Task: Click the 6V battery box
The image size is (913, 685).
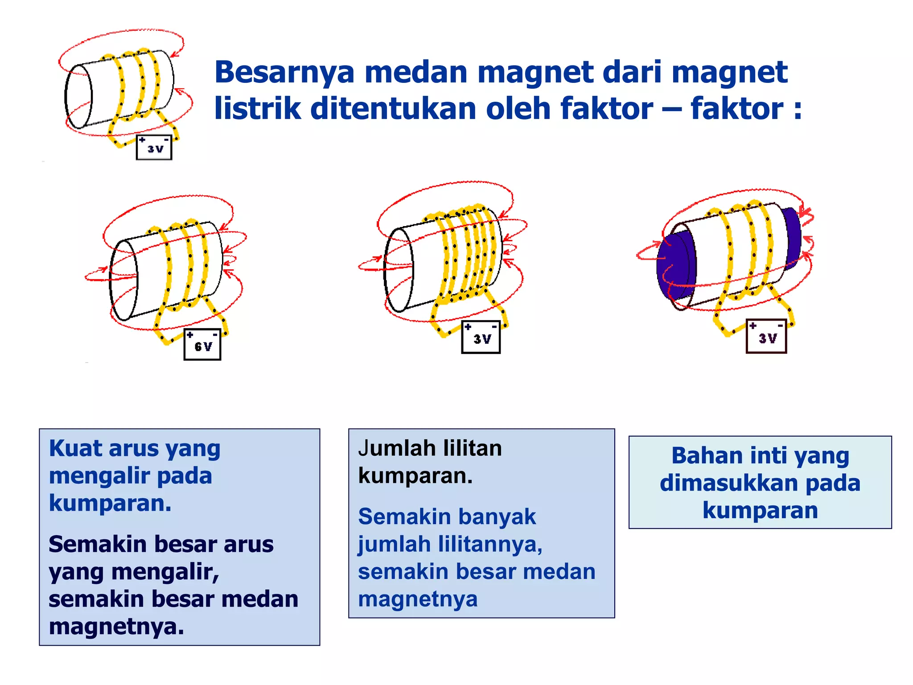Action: (x=202, y=344)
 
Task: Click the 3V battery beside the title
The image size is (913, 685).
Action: (x=154, y=147)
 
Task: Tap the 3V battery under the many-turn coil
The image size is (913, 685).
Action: (x=481, y=337)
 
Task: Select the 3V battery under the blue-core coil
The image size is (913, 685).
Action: (x=766, y=336)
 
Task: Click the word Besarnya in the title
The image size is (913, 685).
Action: (x=284, y=72)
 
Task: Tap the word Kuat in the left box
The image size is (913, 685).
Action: (x=75, y=448)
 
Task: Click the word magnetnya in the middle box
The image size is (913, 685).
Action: (x=418, y=599)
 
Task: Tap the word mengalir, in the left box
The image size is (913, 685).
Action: (x=165, y=572)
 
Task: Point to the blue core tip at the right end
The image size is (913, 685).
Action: (x=793, y=236)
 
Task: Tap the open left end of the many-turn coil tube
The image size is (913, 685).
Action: (x=399, y=270)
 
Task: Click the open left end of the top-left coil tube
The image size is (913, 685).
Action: (x=78, y=96)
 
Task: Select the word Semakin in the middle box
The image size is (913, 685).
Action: (x=404, y=517)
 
